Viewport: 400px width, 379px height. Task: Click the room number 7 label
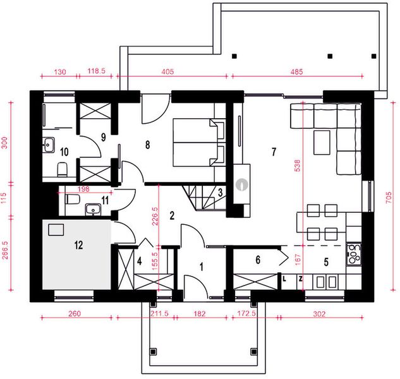274,152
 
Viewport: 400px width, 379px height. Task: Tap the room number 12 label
78,245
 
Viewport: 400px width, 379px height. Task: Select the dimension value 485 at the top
297,71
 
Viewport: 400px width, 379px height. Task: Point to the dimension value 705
388,198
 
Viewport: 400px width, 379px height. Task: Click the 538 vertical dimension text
298,165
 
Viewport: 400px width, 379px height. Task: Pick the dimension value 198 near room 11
83,189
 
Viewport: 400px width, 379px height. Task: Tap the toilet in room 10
63,169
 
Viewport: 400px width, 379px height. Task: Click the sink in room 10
48,145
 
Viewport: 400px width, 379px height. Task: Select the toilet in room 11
73,199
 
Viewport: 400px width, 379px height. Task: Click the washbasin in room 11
93,209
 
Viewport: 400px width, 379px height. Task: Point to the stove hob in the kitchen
354,255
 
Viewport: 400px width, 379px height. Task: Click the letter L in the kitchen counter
284,279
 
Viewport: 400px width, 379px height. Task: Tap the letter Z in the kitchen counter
301,279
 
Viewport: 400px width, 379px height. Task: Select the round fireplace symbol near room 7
242,184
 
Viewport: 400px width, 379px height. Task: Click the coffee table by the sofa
322,143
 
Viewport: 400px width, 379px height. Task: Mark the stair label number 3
220,193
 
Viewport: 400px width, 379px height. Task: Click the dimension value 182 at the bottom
200,313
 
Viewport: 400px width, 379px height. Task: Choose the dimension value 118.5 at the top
97,71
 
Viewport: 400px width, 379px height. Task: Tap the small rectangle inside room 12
56,230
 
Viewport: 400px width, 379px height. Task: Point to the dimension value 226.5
155,216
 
